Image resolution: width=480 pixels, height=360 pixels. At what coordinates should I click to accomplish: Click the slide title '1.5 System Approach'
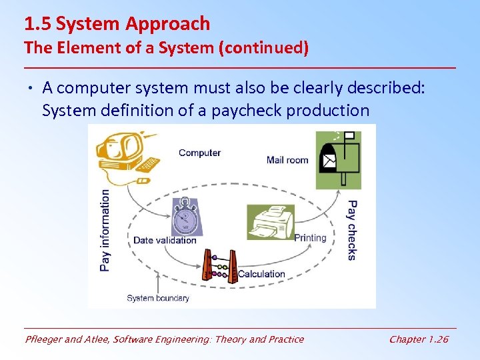click(117, 24)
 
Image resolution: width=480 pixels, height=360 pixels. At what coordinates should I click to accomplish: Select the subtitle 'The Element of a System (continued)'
click(166, 48)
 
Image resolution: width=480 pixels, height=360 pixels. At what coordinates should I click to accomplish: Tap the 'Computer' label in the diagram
click(199, 153)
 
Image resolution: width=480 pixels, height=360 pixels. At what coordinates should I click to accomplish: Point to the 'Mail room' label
click(287, 159)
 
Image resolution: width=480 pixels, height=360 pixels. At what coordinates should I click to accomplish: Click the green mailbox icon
click(339, 159)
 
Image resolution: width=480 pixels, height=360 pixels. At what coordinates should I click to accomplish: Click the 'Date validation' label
click(165, 240)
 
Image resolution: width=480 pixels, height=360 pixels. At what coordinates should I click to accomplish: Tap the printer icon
click(271, 221)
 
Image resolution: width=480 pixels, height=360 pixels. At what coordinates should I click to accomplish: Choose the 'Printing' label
click(310, 238)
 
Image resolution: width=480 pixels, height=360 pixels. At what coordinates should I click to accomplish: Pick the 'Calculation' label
click(261, 274)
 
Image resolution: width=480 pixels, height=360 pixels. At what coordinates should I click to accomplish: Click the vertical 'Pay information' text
click(105, 229)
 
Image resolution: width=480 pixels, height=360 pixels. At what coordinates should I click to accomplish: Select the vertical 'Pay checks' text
click(352, 230)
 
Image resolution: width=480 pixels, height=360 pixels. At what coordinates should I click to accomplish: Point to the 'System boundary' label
click(158, 298)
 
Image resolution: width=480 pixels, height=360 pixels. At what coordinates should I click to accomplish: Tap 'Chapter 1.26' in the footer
click(419, 339)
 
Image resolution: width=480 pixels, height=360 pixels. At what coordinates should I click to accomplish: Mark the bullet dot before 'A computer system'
click(31, 88)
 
